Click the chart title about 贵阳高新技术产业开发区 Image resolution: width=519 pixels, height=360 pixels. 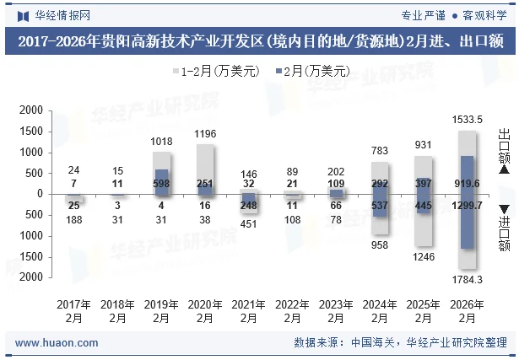click(x=259, y=40)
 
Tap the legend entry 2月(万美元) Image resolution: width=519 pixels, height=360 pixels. click(x=312, y=72)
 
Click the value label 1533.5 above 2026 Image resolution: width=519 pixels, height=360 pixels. click(x=467, y=120)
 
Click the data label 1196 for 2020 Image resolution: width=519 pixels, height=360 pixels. click(x=205, y=134)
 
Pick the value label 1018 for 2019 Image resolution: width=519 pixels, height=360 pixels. click(x=161, y=142)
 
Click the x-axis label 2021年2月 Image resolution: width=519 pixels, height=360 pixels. click(x=248, y=311)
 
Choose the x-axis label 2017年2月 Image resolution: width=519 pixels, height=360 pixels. click(x=73, y=311)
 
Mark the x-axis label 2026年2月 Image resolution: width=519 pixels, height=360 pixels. click(x=467, y=311)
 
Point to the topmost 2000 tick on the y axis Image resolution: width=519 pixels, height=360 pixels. click(x=31, y=110)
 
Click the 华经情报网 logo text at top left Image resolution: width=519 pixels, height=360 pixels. click(x=57, y=15)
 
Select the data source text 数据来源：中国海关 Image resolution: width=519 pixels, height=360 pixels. click(x=344, y=343)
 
